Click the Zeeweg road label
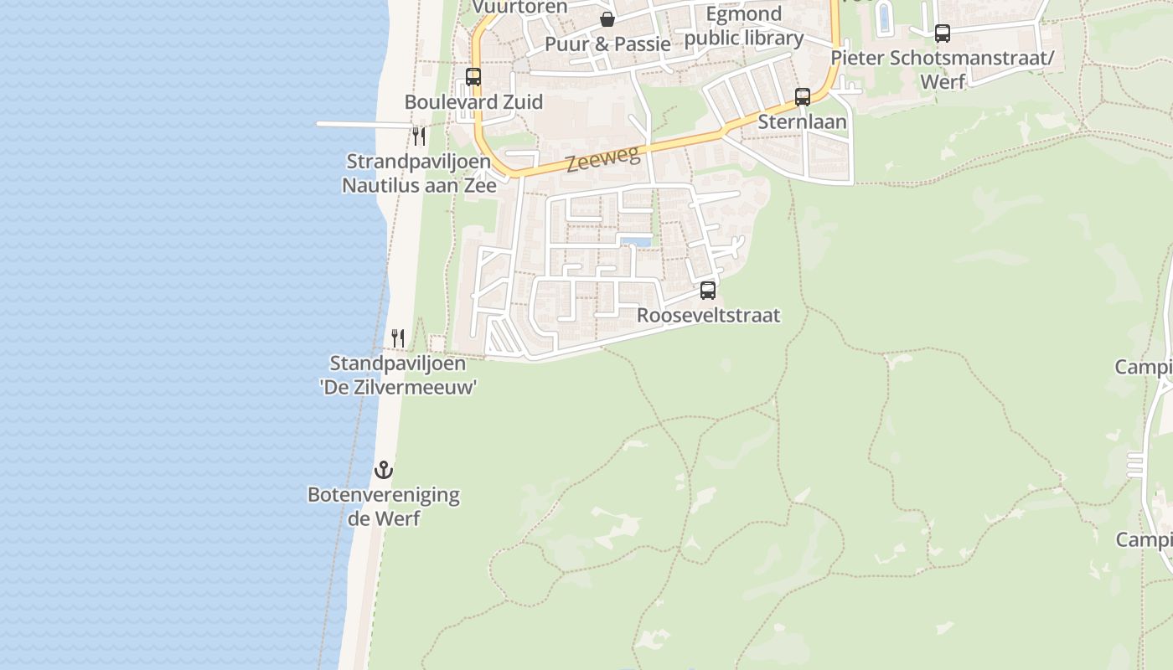click(602, 158)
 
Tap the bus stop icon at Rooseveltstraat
click(708, 291)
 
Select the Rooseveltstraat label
click(708, 316)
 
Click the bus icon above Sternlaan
click(803, 97)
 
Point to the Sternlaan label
click(802, 122)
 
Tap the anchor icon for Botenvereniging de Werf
click(384, 470)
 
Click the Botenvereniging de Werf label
click(384, 506)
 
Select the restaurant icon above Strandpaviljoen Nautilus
click(419, 136)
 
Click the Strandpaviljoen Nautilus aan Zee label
click(419, 173)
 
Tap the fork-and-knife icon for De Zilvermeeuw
click(398, 338)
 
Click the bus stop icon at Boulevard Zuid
click(473, 77)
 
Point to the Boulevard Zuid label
click(473, 102)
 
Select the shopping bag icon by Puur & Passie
click(607, 19)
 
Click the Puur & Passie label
click(607, 44)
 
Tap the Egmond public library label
click(744, 26)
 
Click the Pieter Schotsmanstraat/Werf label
click(943, 70)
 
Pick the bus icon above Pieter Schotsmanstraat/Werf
click(943, 33)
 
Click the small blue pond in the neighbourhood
click(636, 242)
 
